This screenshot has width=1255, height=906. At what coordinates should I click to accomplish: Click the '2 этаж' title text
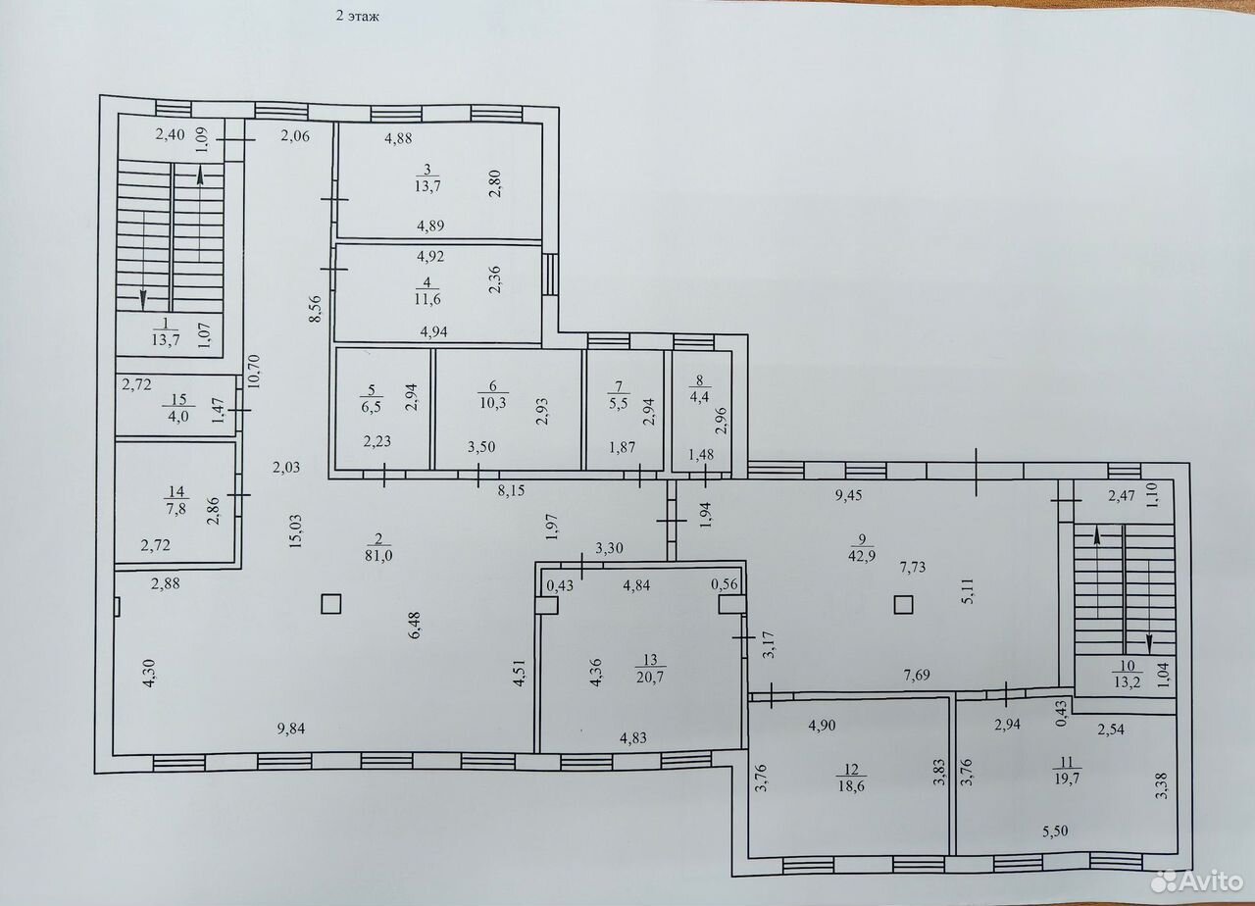click(x=358, y=17)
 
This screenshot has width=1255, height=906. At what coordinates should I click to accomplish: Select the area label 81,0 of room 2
click(x=379, y=555)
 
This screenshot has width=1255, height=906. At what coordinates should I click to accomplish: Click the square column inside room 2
click(x=331, y=604)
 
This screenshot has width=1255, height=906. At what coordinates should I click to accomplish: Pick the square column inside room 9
click(x=903, y=605)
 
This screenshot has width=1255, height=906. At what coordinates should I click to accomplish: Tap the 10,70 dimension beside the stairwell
click(x=253, y=371)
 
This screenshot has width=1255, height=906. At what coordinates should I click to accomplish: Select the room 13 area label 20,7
click(x=650, y=677)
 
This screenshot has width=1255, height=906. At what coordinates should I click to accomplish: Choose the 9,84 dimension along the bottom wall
click(x=291, y=729)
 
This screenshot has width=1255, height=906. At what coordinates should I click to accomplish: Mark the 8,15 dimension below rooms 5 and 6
click(x=512, y=491)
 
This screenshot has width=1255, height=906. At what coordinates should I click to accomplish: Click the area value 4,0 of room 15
click(x=178, y=418)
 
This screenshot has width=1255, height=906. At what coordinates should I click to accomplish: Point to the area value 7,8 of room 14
click(x=176, y=509)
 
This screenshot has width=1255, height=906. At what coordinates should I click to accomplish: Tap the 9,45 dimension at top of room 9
click(x=848, y=495)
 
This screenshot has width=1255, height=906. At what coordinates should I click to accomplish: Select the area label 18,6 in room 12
click(x=851, y=786)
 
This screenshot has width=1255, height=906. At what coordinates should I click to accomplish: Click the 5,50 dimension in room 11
click(x=1055, y=830)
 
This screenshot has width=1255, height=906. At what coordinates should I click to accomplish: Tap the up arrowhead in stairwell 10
click(x=1097, y=536)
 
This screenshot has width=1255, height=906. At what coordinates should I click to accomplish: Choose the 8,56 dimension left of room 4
click(x=316, y=308)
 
